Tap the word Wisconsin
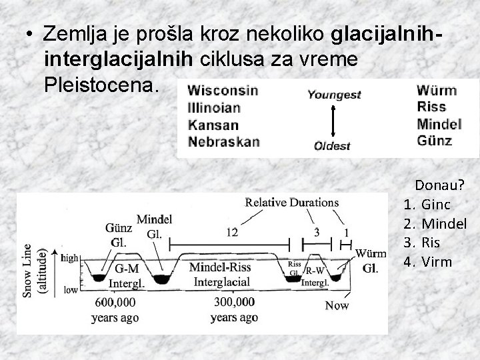click(223, 91)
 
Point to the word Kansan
click(213, 125)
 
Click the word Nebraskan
click(224, 141)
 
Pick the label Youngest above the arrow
click(334, 95)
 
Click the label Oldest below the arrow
click(332, 146)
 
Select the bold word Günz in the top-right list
click(434, 141)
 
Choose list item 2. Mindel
click(435, 223)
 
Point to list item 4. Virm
click(427, 261)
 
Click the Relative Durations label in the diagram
click(291, 202)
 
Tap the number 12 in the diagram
click(232, 232)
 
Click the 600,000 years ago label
click(115, 310)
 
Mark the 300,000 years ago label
click(234, 310)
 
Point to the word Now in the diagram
click(337, 306)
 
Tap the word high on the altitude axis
click(70, 257)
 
